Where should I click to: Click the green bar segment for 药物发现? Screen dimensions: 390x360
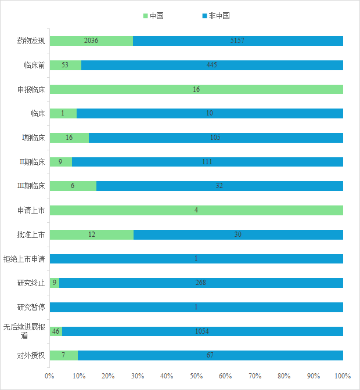(x=91, y=41)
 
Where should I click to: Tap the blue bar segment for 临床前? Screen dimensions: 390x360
(x=212, y=65)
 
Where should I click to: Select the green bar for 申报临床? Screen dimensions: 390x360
(x=196, y=89)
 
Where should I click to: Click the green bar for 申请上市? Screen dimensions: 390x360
(x=196, y=210)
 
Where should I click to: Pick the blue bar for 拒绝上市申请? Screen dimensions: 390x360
(x=196, y=259)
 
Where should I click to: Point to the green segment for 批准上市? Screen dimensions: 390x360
(x=91, y=234)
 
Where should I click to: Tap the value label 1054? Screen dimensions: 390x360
(x=202, y=331)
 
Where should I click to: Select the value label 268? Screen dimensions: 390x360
(x=201, y=283)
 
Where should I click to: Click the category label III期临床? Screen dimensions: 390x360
(x=31, y=186)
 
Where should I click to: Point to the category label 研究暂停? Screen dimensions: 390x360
(x=31, y=307)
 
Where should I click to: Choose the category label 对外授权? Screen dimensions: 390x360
(x=31, y=355)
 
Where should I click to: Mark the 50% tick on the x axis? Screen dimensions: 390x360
(x=196, y=376)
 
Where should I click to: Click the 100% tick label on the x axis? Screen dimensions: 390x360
(x=343, y=376)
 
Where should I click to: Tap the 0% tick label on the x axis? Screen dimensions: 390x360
(x=49, y=376)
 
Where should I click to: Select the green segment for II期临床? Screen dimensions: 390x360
(x=60, y=162)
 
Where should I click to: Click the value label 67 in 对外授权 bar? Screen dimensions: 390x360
(x=210, y=355)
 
